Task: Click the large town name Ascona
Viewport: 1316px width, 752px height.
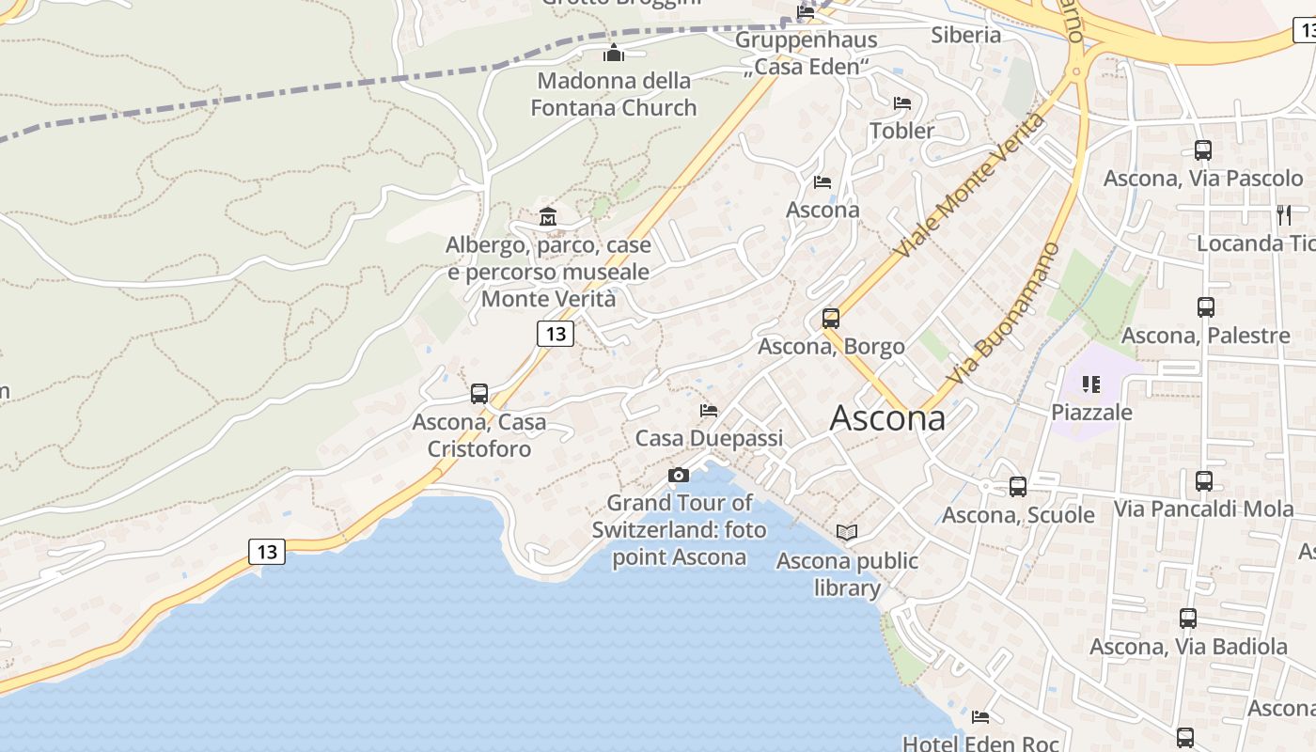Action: (887, 418)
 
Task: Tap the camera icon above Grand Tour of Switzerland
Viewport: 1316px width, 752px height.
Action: (679, 476)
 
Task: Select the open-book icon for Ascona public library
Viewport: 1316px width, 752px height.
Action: (847, 533)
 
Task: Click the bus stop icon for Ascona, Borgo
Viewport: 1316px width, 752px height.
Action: (831, 319)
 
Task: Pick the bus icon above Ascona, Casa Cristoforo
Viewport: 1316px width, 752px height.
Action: (479, 394)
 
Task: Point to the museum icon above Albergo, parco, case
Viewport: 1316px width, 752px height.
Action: (548, 218)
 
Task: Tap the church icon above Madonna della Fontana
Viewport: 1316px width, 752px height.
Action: (614, 53)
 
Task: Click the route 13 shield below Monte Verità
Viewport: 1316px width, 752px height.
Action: (556, 333)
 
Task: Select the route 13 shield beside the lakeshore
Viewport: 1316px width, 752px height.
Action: (267, 551)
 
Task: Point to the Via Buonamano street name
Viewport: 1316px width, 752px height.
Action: (1003, 313)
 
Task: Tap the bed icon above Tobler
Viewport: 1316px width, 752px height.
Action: (902, 102)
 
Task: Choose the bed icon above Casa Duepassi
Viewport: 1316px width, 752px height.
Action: (709, 411)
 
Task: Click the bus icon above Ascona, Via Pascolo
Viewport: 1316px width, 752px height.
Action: (1203, 149)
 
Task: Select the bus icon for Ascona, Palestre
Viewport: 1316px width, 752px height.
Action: (1206, 306)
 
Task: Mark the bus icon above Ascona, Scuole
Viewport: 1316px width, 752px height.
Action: (1018, 486)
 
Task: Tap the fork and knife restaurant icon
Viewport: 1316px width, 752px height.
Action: (1284, 215)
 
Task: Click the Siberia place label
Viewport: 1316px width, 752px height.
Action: (966, 35)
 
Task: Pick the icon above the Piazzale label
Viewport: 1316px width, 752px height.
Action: (1091, 384)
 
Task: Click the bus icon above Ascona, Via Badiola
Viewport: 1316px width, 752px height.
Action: (1188, 618)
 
